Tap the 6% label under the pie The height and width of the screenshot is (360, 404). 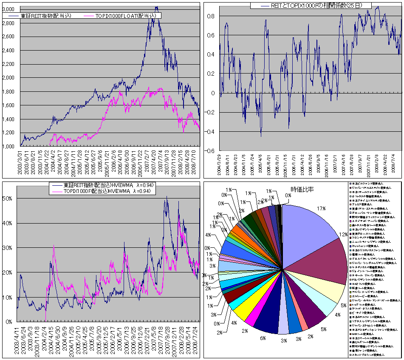click(263, 338)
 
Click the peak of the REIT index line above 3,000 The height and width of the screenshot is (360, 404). click(156, 7)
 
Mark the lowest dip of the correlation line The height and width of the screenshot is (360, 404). click(261, 136)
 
